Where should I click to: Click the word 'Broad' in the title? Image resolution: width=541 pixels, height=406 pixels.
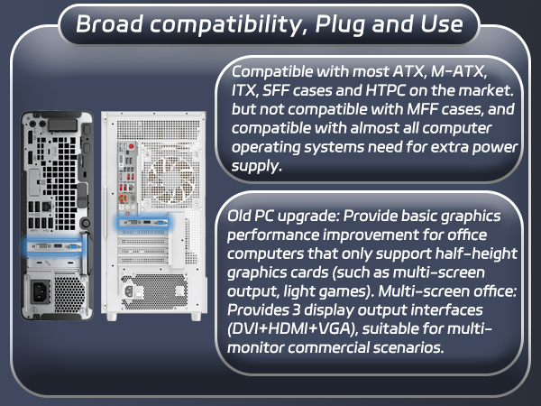[107, 23]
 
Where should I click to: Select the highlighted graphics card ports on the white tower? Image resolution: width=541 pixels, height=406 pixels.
[144, 222]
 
